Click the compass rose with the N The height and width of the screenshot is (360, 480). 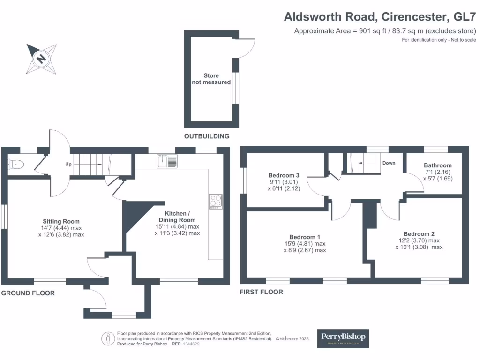pos(42,59)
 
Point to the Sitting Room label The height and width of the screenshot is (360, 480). pos(61,221)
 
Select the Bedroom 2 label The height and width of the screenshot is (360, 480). pos(419,234)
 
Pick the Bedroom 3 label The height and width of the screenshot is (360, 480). pos(284,176)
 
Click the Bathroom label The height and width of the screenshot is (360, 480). pos(438,165)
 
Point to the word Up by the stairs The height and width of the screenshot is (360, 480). pos(68,165)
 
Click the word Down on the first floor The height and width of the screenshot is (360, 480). pos(389,163)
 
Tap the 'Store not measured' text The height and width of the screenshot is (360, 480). pos(211,79)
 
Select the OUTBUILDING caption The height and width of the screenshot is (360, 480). pos(207,136)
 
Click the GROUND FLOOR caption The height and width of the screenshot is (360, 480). pos(28,293)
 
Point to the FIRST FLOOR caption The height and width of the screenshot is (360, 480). pos(261,292)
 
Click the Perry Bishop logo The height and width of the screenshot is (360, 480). pos(343,338)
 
